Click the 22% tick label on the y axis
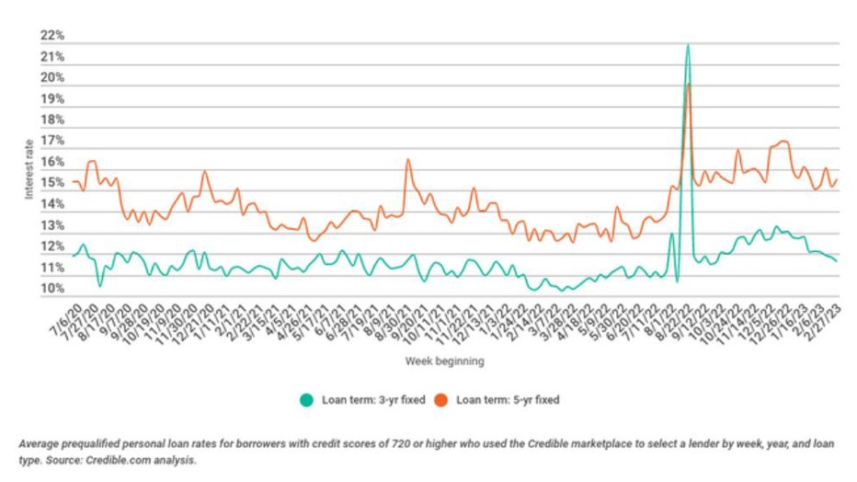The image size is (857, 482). (x=52, y=36)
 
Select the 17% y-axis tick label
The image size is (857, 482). (x=52, y=142)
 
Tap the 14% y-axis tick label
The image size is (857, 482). (x=52, y=205)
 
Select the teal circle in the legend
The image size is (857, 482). (x=307, y=400)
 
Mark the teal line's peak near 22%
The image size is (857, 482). (x=687, y=45)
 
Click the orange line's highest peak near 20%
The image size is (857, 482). (x=688, y=85)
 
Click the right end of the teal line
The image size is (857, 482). (x=837, y=261)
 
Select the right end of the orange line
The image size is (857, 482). (x=837, y=180)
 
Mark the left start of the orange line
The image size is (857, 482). (x=73, y=181)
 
